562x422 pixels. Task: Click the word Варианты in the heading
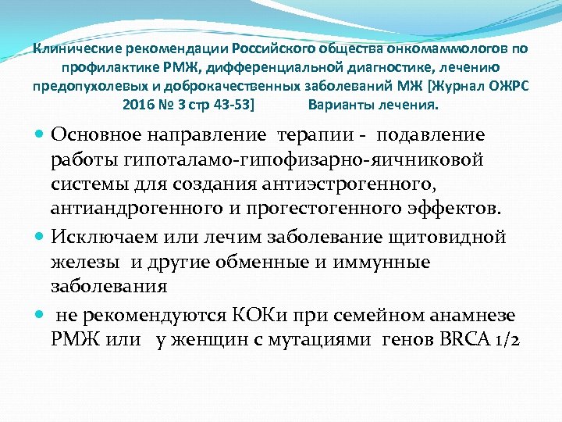(x=337, y=104)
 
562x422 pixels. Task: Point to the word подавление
(x=430, y=135)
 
